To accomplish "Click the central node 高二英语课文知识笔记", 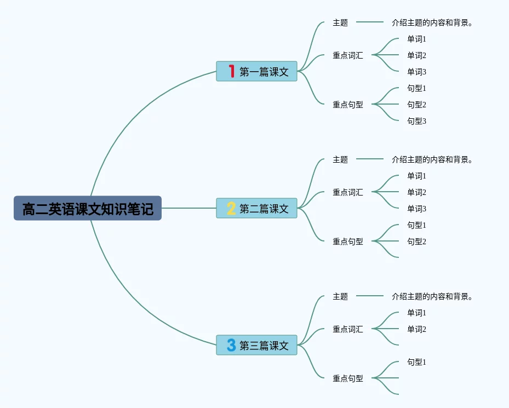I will click(88, 209).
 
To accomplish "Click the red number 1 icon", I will click(232, 71).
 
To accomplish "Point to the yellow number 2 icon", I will click(231, 208).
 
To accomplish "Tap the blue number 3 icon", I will click(231, 345).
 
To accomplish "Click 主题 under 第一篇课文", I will click(340, 23).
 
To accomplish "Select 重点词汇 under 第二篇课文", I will click(348, 192).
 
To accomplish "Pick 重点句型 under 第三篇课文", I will click(348, 378).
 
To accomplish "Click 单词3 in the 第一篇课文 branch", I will click(416, 72).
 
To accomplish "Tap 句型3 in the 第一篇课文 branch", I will click(416, 121).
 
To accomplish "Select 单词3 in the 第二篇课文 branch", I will click(416, 209).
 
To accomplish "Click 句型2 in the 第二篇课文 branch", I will click(416, 242).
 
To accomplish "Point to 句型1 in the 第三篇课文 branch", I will click(416, 362).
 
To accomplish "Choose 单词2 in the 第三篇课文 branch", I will click(416, 329).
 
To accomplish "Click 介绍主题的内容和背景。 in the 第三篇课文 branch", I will click(432, 297).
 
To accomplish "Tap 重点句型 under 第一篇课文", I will click(348, 105).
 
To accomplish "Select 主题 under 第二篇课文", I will click(340, 160).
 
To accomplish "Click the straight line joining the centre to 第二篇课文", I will click(189, 208).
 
